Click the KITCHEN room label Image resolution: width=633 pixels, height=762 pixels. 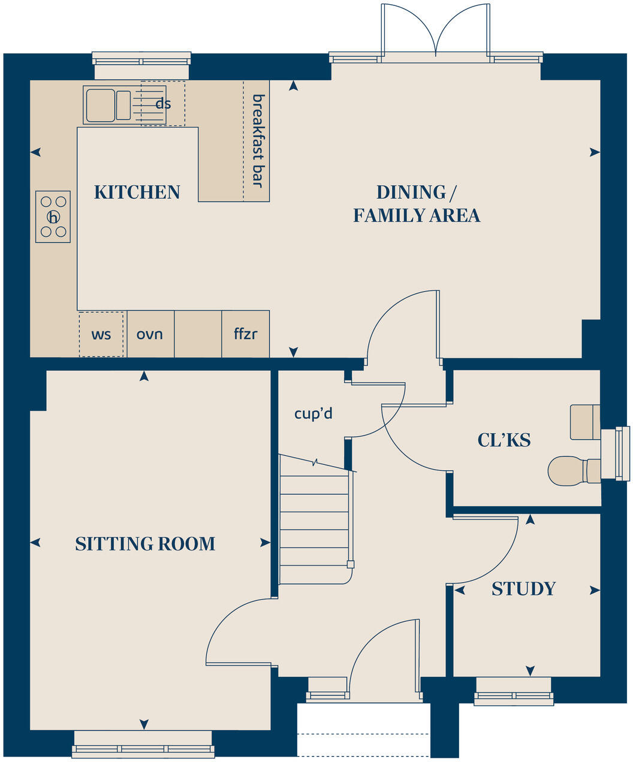tap(137, 192)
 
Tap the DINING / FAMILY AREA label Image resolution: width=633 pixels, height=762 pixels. tap(416, 204)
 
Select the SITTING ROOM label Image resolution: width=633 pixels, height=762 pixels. tap(145, 544)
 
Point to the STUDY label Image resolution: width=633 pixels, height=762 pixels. tap(523, 589)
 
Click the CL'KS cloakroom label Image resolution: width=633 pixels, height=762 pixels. tap(504, 440)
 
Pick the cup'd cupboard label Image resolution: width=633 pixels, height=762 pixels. tap(313, 413)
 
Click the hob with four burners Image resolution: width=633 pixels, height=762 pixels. tap(53, 217)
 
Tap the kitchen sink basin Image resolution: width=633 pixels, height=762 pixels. tap(100, 105)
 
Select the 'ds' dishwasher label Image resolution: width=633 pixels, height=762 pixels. tap(163, 104)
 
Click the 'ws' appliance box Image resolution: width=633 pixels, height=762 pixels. tap(101, 334)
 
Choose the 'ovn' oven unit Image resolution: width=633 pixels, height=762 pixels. tap(150, 334)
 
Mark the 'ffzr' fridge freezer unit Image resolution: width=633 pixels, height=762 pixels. tap(246, 334)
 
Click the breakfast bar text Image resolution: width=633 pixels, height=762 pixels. tap(258, 140)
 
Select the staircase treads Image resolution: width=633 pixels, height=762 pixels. tap(315, 521)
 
